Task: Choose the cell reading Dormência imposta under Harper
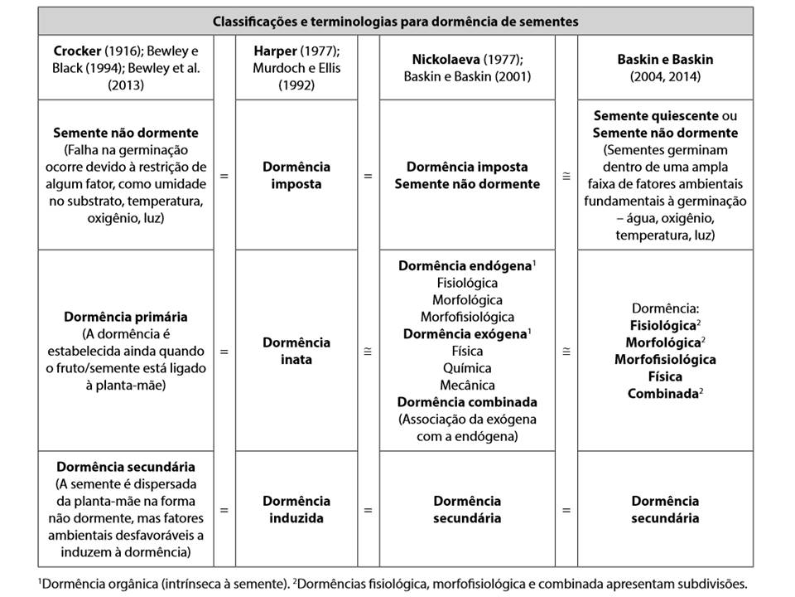(296, 176)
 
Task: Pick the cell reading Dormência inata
(296, 350)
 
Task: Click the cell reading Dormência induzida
(296, 509)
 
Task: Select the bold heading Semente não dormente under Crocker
(125, 133)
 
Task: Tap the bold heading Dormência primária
(125, 317)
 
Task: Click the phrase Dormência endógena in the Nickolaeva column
(465, 266)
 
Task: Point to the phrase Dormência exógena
(463, 333)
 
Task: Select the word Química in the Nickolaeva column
(466, 367)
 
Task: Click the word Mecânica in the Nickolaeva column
(466, 385)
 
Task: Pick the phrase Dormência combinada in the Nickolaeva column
(466, 401)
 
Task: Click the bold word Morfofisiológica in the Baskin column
(665, 359)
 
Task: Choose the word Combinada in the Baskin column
(662, 393)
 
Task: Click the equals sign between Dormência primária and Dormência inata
(224, 351)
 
